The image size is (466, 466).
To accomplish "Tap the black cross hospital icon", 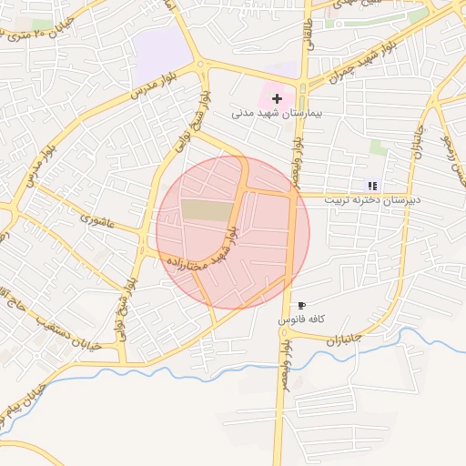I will pos(277,97).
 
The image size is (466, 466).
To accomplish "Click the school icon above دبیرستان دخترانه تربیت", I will pos(372,185).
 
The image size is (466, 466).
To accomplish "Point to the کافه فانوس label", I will pos(302,320).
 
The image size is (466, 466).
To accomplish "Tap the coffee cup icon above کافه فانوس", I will pos(302,306).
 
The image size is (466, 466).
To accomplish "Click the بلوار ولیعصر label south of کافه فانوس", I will pos(286,359).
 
